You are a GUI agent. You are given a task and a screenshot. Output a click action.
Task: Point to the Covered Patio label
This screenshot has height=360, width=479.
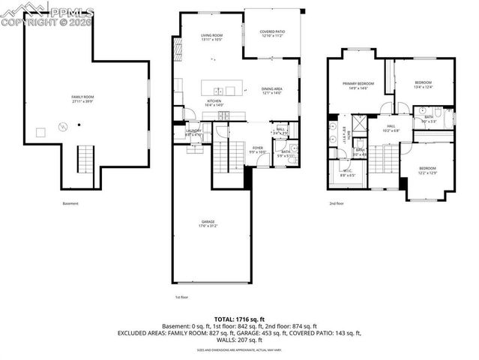(271, 33)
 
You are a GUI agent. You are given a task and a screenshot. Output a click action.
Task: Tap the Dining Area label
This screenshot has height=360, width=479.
(271, 91)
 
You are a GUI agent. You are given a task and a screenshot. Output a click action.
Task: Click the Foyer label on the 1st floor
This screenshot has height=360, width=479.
(258, 149)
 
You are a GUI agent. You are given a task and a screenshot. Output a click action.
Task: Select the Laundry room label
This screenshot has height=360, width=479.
(193, 133)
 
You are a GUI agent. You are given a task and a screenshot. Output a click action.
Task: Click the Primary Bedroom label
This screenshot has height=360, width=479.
(357, 85)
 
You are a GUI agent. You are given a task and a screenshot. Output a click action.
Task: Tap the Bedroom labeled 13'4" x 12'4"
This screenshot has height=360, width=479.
(424, 85)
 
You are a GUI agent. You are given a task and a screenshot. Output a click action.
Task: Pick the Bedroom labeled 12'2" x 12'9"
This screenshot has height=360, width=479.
(427, 170)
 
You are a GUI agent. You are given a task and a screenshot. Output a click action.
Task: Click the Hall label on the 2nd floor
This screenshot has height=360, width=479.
(391, 128)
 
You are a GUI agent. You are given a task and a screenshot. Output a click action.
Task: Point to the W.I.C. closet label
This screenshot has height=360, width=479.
(346, 173)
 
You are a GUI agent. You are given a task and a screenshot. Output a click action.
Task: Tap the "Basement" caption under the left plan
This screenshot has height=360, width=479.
(70, 203)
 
